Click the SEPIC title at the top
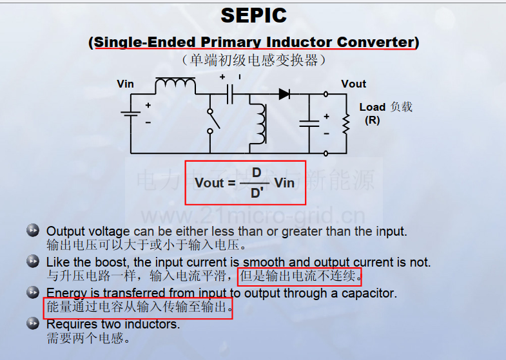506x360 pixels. [x=254, y=15]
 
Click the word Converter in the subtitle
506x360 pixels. [x=375, y=42]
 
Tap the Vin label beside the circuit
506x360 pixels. [x=125, y=84]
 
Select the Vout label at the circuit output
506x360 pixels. [x=353, y=84]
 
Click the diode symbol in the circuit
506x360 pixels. [x=284, y=94]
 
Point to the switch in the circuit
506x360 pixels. [x=213, y=122]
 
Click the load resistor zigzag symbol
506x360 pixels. [x=346, y=124]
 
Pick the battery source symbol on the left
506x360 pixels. [x=131, y=113]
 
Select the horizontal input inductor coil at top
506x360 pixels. [x=175, y=83]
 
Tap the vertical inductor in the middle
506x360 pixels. [x=261, y=124]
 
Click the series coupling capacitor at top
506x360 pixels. [x=229, y=94]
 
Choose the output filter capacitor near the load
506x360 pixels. [x=309, y=124]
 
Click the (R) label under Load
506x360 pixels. [x=373, y=120]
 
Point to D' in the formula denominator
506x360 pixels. [x=257, y=193]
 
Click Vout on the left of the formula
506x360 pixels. [x=209, y=183]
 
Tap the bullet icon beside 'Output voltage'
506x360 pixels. [x=33, y=230]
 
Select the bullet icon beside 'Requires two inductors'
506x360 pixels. [x=33, y=323]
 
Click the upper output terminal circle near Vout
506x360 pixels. [x=326, y=94]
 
